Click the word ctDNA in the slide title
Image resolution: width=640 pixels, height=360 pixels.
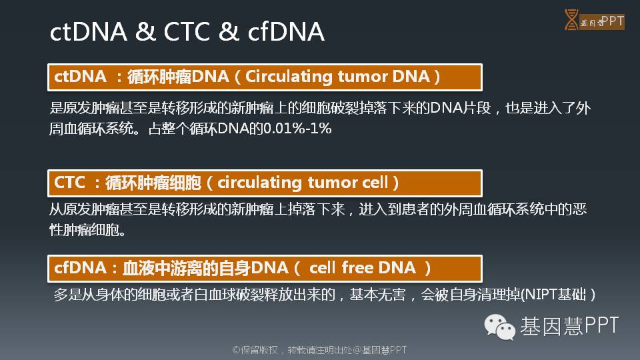(88, 32)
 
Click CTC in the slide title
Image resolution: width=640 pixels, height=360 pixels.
(187, 32)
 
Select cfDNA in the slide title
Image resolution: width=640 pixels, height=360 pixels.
(286, 31)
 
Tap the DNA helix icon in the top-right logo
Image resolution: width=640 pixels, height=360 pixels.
(571, 19)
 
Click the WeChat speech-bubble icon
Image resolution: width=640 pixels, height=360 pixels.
(499, 327)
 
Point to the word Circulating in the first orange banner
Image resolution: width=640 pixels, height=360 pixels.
(289, 77)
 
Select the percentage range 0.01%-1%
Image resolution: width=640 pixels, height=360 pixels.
(297, 129)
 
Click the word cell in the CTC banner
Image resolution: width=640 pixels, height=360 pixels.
(375, 182)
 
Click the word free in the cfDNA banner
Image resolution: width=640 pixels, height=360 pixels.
(357, 268)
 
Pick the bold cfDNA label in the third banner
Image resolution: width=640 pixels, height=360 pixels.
(80, 268)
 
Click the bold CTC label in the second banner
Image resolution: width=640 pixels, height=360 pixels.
(69, 183)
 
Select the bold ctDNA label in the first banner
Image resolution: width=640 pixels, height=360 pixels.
(80, 76)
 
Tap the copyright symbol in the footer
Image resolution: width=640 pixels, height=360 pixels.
(236, 350)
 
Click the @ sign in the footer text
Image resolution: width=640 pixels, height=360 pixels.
(357, 350)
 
